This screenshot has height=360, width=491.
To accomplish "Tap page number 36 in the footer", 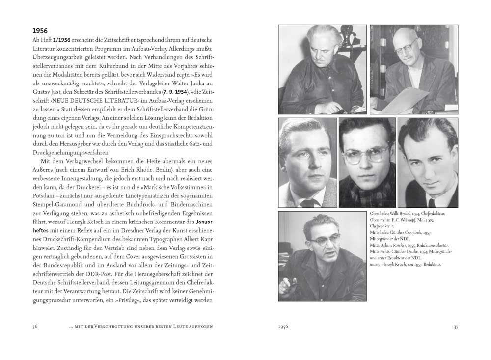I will pos(35,326).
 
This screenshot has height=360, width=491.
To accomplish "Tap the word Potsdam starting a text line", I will pos(44,197).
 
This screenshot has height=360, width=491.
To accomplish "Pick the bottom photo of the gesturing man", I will pos(322,251).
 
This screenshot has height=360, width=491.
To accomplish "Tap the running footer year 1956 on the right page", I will pos(283,326).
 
